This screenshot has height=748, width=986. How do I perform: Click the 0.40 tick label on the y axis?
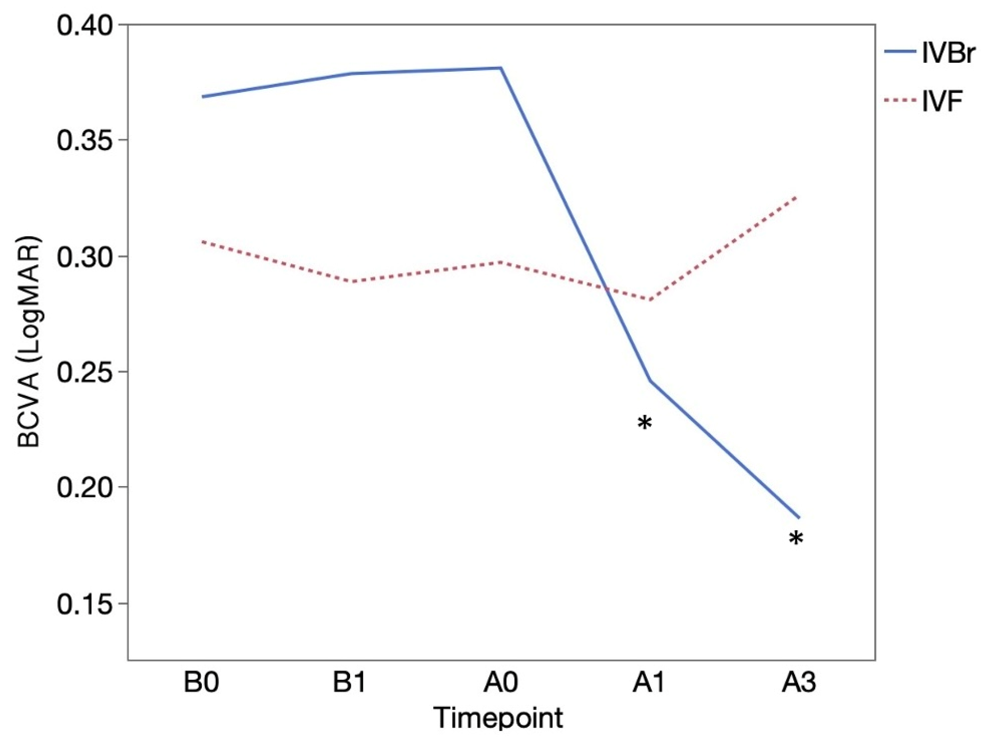coord(85,26)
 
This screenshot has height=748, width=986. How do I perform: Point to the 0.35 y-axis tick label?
coord(85,141)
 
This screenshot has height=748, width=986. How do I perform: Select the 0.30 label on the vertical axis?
coord(85,257)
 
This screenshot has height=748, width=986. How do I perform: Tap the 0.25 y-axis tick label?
coord(85,372)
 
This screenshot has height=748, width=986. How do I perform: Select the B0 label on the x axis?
coord(201,683)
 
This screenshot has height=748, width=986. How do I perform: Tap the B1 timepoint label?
coord(350,683)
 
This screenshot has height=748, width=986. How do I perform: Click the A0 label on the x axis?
coord(500,683)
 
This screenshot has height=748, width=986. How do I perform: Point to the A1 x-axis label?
coord(649,683)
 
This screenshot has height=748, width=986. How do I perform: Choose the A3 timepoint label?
coord(799,683)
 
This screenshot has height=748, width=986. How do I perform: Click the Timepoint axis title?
coord(498,718)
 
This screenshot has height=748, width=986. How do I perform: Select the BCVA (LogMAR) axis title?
coord(29,342)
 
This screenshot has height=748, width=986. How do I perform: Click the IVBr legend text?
coord(948,53)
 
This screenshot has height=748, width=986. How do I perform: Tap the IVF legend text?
coord(941,101)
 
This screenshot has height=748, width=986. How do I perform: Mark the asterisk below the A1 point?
coord(645,425)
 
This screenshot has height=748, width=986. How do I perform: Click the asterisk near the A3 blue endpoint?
coord(796,540)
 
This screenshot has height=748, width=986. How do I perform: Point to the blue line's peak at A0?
coord(500,68)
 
